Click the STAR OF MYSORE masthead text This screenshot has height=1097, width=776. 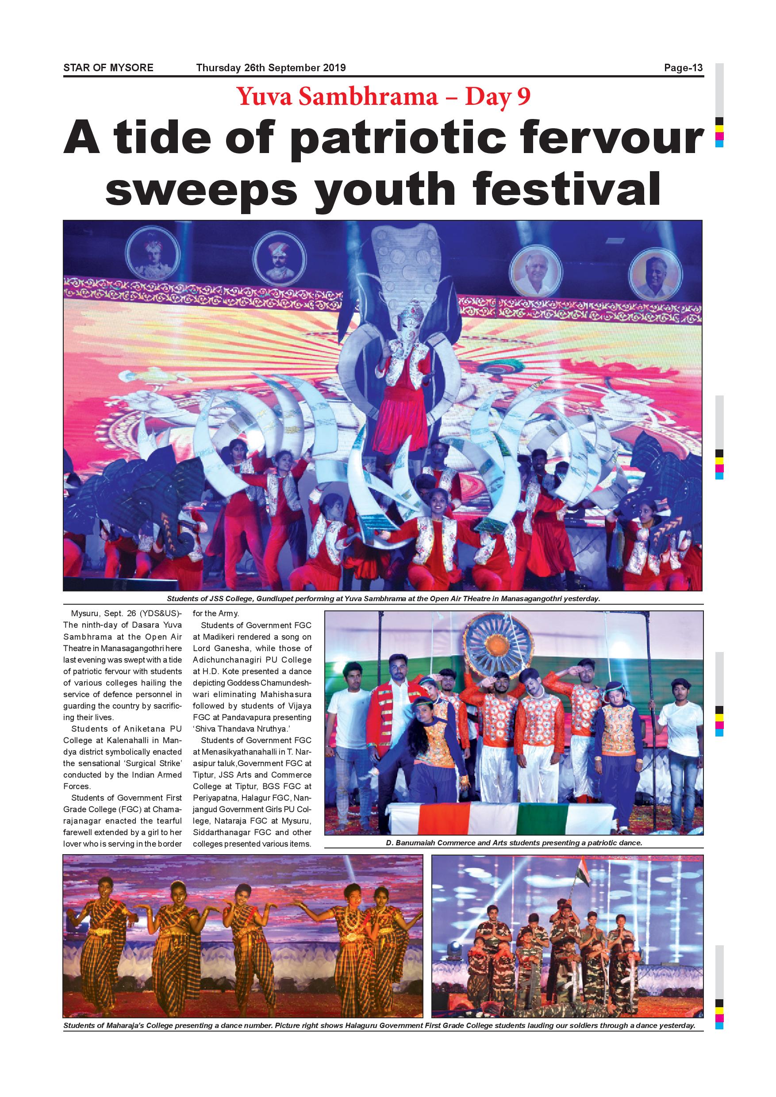(x=108, y=68)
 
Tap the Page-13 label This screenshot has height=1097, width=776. (x=683, y=68)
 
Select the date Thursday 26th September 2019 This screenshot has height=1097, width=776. (x=271, y=68)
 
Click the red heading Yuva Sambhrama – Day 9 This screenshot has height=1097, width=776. (x=384, y=97)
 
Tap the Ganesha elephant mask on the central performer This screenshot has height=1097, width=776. (x=404, y=325)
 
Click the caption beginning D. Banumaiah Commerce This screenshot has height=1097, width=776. (x=514, y=843)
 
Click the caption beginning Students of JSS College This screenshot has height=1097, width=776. (x=383, y=598)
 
